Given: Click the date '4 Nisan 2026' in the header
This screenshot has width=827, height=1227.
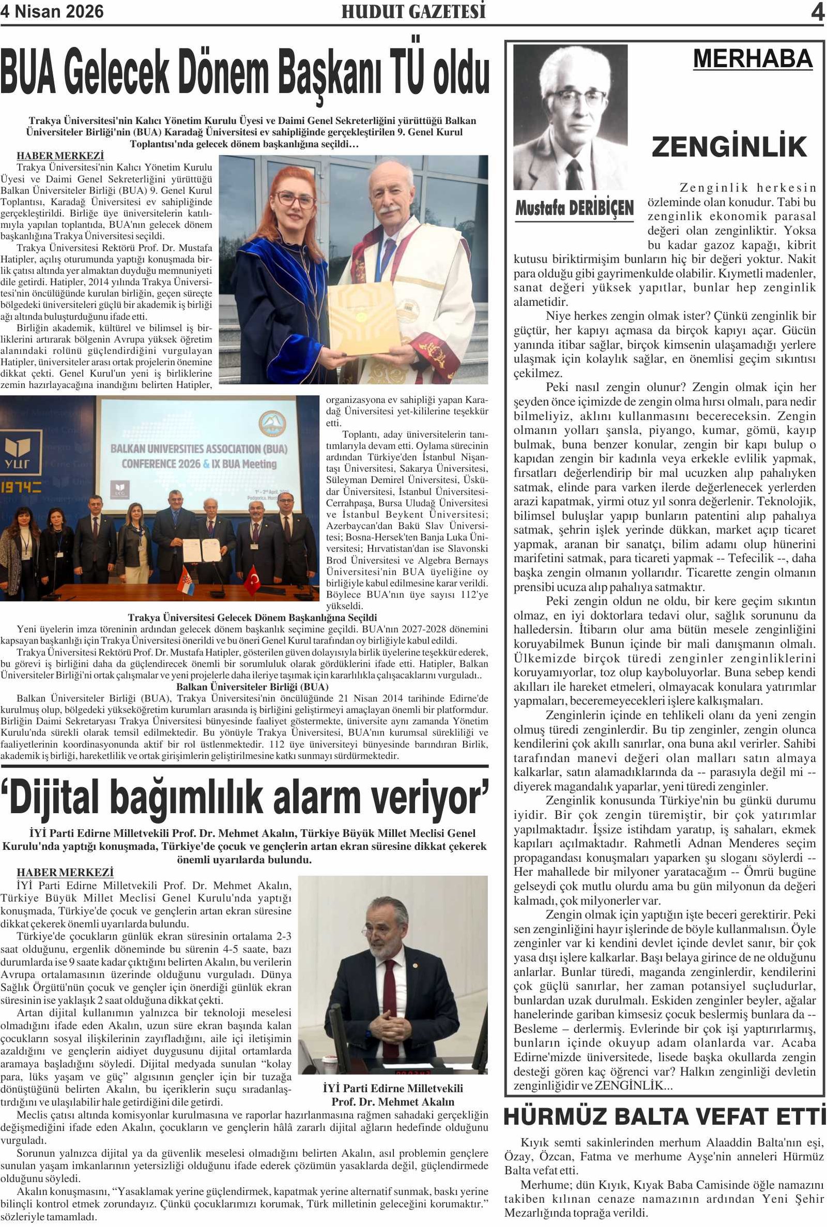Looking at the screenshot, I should tap(52, 11).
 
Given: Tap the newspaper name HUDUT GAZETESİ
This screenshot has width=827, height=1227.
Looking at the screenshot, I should tap(413, 11).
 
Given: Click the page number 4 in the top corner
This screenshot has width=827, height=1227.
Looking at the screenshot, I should tap(817, 12).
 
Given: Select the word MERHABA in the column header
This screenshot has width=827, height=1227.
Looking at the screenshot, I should tap(752, 59).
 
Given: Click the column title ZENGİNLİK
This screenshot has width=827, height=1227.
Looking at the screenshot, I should tap(729, 147).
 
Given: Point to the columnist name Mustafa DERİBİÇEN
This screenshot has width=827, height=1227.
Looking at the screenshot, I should tap(574, 208).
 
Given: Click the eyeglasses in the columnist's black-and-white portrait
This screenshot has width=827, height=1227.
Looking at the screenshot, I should tap(577, 98).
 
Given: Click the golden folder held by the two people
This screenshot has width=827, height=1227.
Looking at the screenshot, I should tap(363, 318).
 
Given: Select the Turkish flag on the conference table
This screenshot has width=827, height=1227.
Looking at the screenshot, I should tap(252, 579).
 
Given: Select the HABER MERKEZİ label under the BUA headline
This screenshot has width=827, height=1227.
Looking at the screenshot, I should tap(60, 156).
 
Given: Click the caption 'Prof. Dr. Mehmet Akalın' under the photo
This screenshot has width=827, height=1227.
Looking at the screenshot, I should tap(392, 1102).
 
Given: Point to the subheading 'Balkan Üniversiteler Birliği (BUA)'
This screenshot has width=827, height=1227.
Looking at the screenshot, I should tap(252, 686).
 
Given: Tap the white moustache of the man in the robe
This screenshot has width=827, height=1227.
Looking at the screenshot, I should tap(390, 210).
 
